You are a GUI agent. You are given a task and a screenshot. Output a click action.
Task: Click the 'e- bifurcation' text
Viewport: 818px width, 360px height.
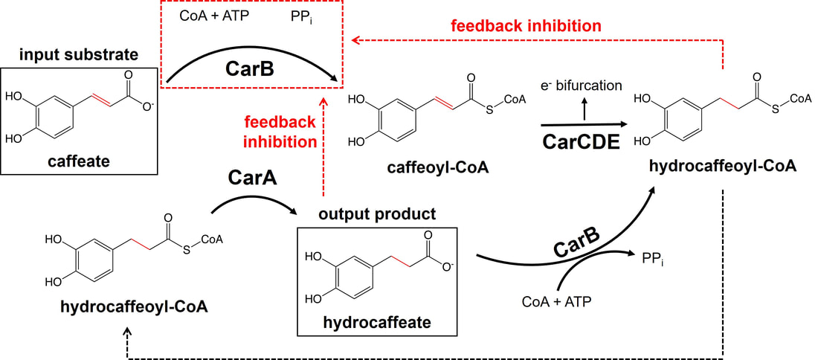tap(581, 85)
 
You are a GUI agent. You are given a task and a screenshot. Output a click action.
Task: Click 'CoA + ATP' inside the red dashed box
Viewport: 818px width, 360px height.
tap(214, 16)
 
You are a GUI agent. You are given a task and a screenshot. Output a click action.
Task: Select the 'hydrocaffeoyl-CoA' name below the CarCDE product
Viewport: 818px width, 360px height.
tap(721, 168)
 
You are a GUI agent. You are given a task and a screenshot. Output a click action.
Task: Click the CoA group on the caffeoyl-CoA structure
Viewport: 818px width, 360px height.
tap(513, 99)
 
